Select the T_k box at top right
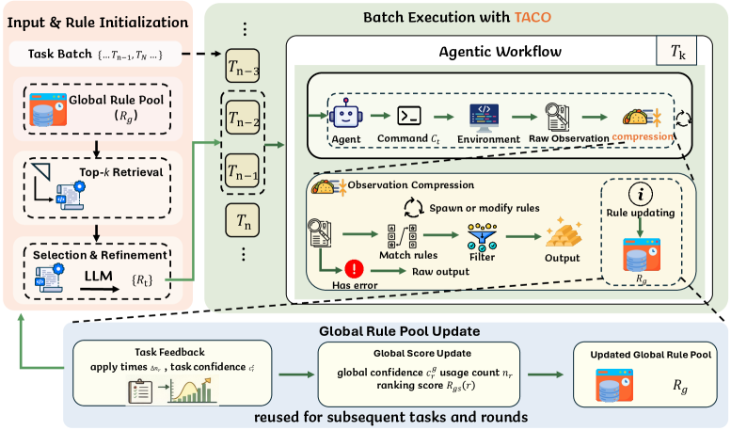pyautogui.click(x=678, y=51)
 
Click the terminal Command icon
pyautogui.click(x=409, y=115)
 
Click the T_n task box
pyautogui.click(x=242, y=222)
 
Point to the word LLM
pyautogui.click(x=95, y=274)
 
